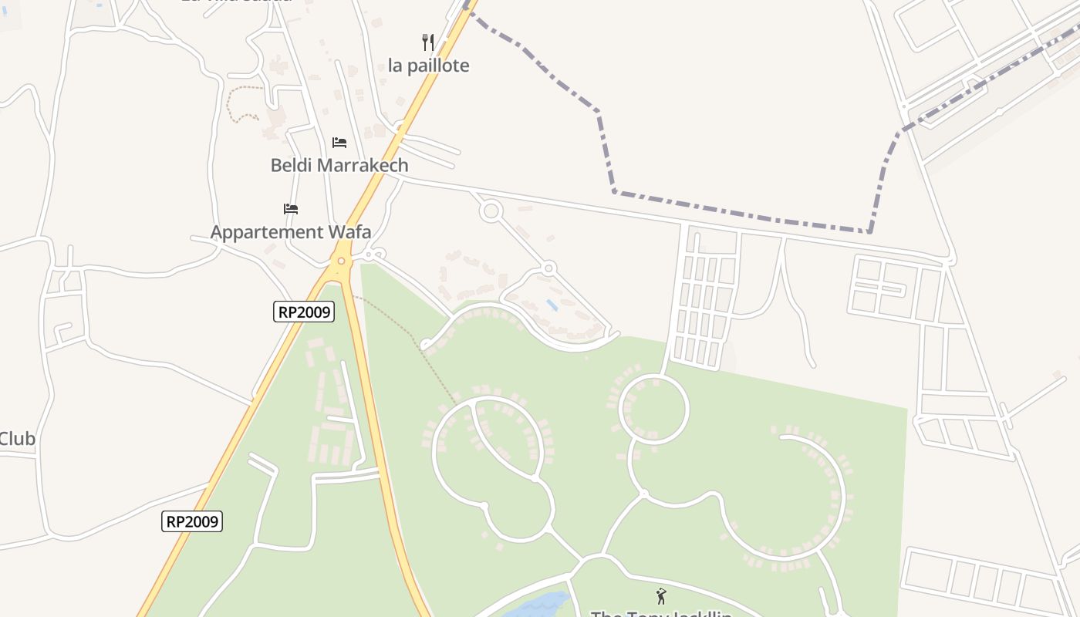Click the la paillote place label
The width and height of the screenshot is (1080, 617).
(428, 66)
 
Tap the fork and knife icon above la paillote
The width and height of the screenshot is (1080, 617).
(428, 42)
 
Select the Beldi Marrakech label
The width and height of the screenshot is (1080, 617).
(339, 165)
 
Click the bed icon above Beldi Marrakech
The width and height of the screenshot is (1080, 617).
(339, 143)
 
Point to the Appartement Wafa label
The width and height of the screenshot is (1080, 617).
(290, 232)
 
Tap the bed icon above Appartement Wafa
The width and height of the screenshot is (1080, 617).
(290, 209)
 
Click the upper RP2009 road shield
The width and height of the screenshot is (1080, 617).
(304, 312)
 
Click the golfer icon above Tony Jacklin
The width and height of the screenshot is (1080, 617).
(660, 595)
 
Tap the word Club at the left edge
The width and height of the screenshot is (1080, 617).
(17, 439)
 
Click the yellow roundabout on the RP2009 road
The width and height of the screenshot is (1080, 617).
(340, 261)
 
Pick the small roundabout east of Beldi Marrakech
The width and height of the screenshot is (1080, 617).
(491, 211)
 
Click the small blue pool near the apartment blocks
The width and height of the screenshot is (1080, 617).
(553, 305)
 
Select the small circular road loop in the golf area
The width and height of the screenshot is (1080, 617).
(654, 410)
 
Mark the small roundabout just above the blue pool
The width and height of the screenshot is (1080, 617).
(548, 268)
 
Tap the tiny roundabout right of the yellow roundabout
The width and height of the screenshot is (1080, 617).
(377, 254)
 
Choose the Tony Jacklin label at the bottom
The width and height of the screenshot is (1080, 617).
(660, 613)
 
